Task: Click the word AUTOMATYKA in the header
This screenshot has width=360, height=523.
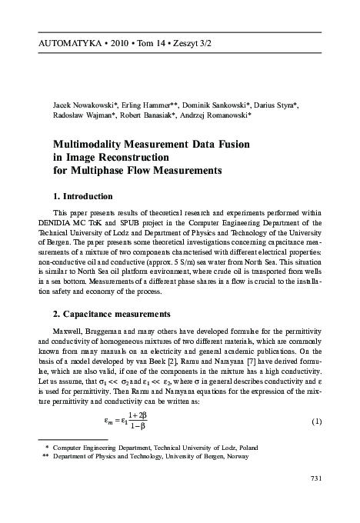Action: (58, 42)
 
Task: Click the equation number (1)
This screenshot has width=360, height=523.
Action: (315, 422)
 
